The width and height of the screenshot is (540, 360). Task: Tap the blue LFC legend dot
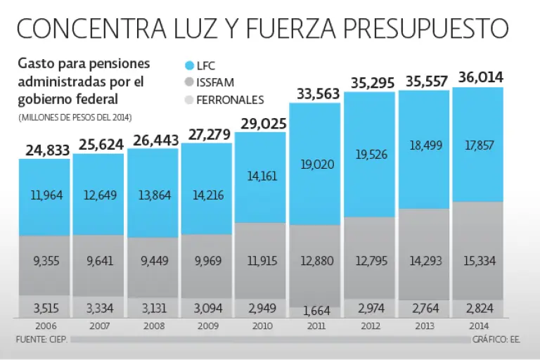click(188, 65)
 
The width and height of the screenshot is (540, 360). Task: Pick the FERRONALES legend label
click(230, 100)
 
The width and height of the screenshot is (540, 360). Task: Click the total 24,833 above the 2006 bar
click(44, 149)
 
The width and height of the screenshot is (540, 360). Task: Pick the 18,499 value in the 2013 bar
click(424, 145)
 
